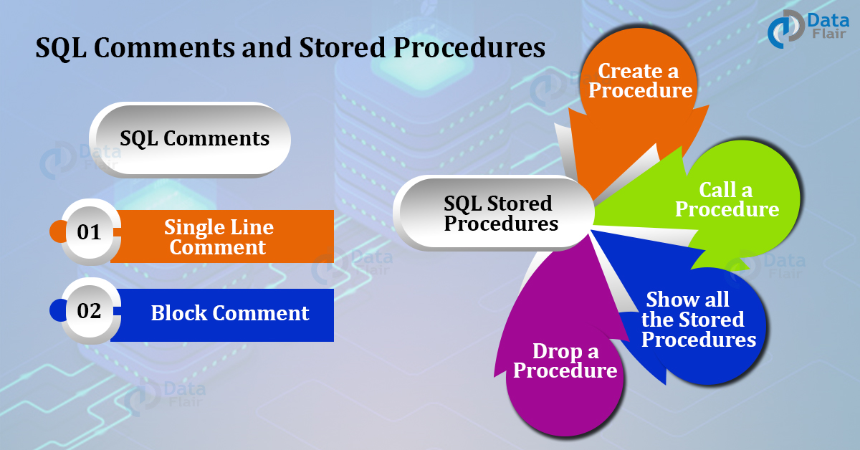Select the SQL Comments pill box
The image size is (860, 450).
coord(191,139)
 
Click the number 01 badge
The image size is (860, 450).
coord(90,232)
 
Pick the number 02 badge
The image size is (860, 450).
coord(90,311)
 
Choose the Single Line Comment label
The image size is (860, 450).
coord(219,237)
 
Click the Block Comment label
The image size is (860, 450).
coord(229,313)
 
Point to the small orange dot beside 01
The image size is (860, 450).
coord(57,232)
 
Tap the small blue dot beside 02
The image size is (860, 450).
coord(57,311)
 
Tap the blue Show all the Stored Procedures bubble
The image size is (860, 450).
coord(698,320)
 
